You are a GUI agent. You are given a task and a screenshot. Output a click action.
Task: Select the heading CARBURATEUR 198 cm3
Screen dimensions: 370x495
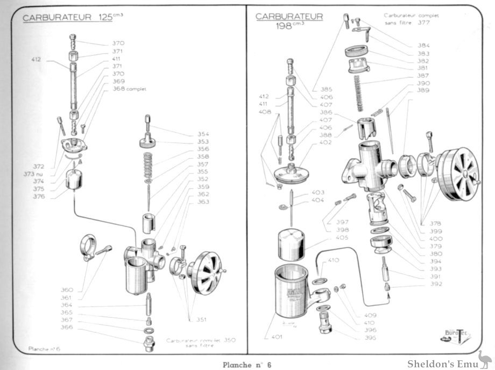[289, 20]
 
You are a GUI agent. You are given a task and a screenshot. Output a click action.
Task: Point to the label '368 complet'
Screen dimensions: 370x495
[129, 89]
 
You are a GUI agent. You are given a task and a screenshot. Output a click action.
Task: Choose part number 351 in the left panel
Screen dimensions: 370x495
[201, 320]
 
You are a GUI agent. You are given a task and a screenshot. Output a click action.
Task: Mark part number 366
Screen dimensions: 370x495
[66, 327]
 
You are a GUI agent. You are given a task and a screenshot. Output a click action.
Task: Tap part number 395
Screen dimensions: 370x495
[370, 338]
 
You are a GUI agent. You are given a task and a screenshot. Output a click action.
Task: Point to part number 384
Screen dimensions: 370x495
[423, 46]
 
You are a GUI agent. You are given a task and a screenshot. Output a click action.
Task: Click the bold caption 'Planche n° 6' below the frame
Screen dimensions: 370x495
[247, 364]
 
